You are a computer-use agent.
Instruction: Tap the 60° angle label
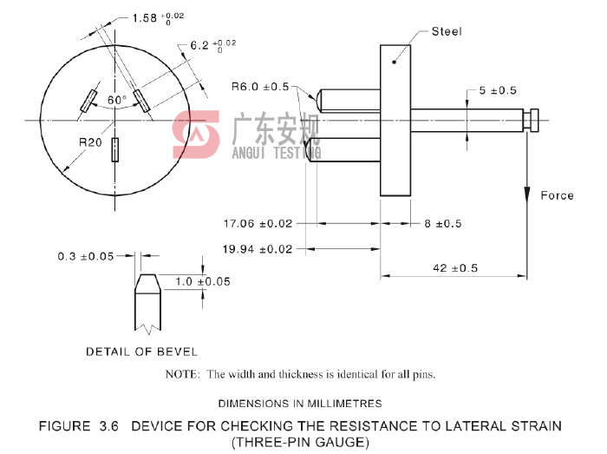pos(116,100)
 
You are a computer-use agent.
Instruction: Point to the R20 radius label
pos(91,141)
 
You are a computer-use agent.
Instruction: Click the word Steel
pos(447,32)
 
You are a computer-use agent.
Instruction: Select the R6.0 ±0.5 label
pos(259,86)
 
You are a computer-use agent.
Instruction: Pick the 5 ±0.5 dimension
pos(497,90)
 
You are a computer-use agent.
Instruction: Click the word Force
pos(557,195)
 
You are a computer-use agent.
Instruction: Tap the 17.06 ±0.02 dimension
pos(258,223)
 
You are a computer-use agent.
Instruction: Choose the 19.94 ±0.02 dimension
pos(258,250)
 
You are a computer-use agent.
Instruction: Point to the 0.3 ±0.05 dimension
pos(87,256)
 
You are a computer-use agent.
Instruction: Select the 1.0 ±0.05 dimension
pos(203,281)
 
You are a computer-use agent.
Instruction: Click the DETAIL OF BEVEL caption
pos(141,352)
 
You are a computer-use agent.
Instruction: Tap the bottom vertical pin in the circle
pos(114,150)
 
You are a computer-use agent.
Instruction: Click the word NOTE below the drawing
pos(183,375)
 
